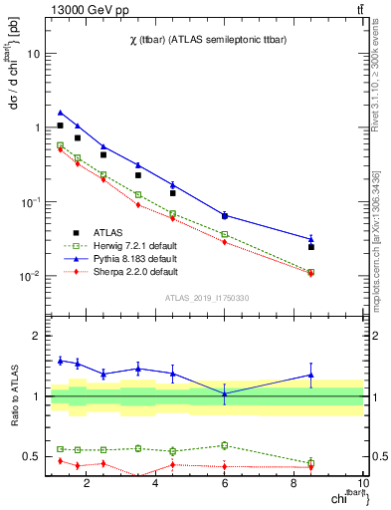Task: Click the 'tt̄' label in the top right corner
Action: pyautogui.click(x=358, y=10)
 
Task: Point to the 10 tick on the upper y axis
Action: pyautogui.click(x=34, y=55)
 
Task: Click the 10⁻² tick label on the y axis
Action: pyautogui.click(x=30, y=276)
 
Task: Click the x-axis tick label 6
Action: pyautogui.click(x=225, y=484)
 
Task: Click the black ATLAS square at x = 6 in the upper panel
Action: pyautogui.click(x=225, y=215)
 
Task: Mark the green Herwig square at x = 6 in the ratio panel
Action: pyautogui.click(x=225, y=445)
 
